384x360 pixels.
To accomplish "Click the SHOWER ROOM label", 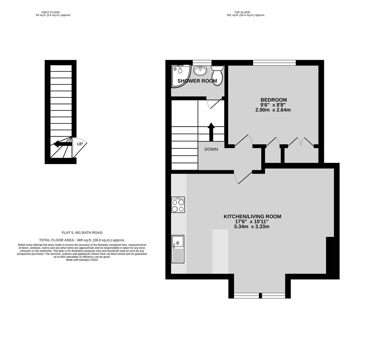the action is (x=197, y=81).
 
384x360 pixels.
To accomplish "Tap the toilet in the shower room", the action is (x=217, y=75).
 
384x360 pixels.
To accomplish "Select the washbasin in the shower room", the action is (x=200, y=71).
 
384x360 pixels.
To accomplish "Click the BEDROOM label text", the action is (x=274, y=100).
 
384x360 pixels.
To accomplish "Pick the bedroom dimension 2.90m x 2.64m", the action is (x=273, y=110).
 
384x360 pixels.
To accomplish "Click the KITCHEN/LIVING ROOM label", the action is (x=252, y=216).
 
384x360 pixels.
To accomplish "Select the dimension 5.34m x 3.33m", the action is (x=252, y=227).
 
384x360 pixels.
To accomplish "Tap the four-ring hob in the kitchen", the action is (x=178, y=205).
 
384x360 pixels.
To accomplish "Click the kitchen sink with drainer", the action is (x=178, y=249).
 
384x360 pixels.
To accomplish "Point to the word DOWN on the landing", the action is (x=211, y=149).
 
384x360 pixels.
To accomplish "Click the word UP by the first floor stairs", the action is (x=80, y=144).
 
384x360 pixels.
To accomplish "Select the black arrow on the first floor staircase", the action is (x=63, y=144).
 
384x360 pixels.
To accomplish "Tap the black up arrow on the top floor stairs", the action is (x=211, y=132).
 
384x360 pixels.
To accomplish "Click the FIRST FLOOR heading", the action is (x=50, y=12).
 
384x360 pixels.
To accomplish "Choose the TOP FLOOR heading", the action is (x=242, y=12).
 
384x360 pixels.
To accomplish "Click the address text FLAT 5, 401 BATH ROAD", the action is (x=82, y=233).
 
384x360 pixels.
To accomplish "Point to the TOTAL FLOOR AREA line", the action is (x=82, y=240).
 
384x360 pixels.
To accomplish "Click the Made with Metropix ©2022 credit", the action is (x=82, y=260).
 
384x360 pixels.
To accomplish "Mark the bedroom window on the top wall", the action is (x=275, y=63).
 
